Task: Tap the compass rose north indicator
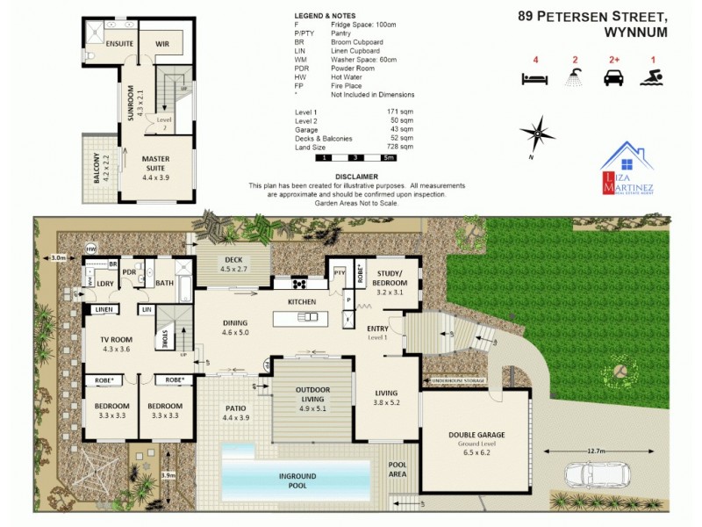(537, 136)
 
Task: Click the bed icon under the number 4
(534, 79)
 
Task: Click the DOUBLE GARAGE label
(476, 435)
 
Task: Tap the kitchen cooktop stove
(297, 284)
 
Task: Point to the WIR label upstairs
(161, 43)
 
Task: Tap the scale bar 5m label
(389, 158)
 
